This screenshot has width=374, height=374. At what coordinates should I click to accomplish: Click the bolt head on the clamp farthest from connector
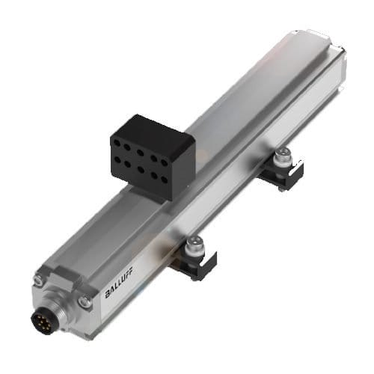(282, 156)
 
